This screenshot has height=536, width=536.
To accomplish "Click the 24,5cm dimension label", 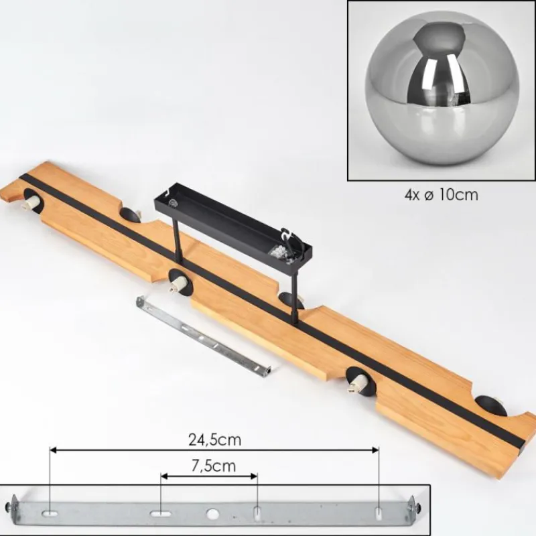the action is point(214,440).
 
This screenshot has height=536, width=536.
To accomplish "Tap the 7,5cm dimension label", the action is point(214,466).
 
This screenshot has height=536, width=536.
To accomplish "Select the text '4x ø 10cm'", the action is point(441,195).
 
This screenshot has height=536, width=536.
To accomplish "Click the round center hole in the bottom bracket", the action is point(212,513).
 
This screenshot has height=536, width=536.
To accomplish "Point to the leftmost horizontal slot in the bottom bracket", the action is point(50,513).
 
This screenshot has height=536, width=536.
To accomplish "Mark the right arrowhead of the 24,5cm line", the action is point(375,450).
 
